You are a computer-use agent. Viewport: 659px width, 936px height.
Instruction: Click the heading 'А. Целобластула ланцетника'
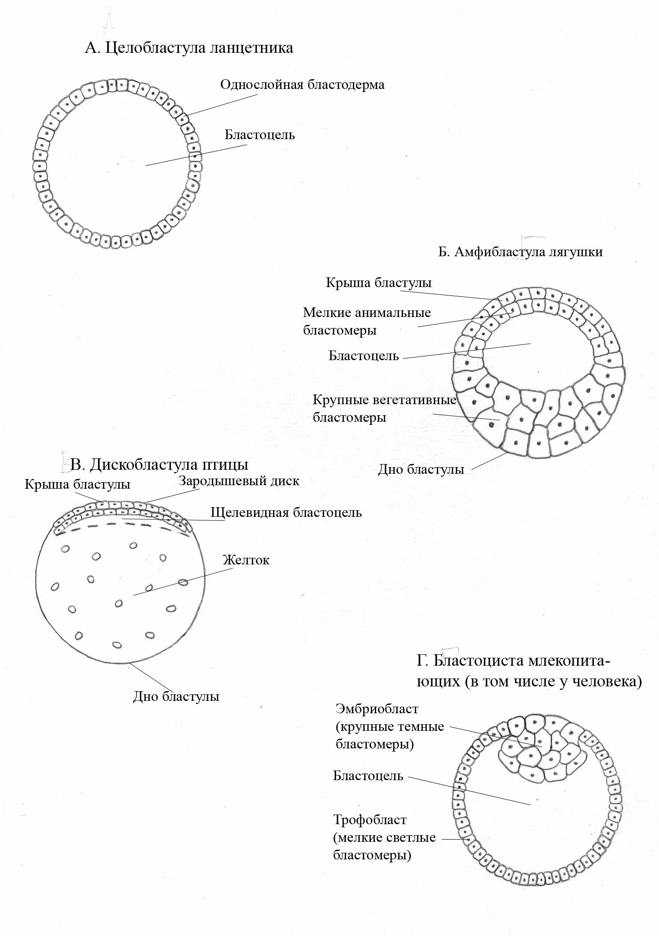tap(189, 48)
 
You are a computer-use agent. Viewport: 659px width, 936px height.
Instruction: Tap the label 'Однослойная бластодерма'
tap(302, 85)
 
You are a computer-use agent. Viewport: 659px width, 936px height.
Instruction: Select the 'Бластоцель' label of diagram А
tap(259, 135)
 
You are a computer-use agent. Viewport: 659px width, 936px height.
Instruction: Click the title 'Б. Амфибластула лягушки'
tap(520, 252)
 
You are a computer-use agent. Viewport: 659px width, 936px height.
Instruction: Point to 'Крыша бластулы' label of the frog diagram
tap(378, 283)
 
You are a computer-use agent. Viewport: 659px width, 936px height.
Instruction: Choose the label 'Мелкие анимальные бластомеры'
tap(367, 321)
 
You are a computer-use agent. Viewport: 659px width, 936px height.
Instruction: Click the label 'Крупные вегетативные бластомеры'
tap(384, 409)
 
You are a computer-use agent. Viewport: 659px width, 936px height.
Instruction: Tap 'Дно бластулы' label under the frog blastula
tap(421, 470)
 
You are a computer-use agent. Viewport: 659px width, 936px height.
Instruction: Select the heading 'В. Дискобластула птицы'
tap(159, 465)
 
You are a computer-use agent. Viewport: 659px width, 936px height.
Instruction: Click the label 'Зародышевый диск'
tap(239, 481)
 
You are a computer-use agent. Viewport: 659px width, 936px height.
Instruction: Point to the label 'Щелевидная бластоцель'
tap(286, 512)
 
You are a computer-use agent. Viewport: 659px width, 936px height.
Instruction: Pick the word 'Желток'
tap(246, 560)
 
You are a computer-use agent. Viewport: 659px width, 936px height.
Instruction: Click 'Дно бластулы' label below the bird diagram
tap(176, 697)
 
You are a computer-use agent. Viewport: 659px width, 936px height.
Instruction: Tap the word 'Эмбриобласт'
tap(377, 709)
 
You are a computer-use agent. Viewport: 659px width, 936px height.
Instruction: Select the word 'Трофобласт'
tap(370, 820)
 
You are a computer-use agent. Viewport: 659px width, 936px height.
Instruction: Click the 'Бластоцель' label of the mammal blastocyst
tap(368, 776)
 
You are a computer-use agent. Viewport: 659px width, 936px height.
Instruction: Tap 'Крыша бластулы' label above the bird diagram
tap(78, 485)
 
